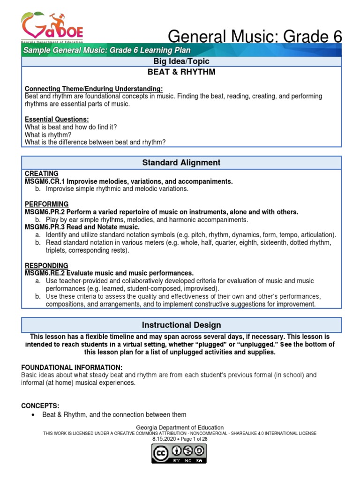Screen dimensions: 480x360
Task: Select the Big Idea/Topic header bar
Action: coord(181,61)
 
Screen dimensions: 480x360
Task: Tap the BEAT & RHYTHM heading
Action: coord(181,73)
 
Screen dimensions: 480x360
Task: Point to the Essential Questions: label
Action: coord(57,119)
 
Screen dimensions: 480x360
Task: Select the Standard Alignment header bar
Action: coord(181,163)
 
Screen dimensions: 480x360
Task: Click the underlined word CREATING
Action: coord(42,173)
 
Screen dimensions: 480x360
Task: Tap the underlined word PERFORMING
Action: coord(46,204)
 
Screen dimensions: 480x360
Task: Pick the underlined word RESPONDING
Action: coord(46,265)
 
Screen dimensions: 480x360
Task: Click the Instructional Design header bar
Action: coord(181,325)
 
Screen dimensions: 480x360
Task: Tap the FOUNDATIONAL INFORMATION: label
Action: coord(73,367)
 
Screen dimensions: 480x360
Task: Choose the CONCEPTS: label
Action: coord(42,405)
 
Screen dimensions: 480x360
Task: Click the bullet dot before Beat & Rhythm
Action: coord(32,415)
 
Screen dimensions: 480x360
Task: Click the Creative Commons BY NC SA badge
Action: coord(179,453)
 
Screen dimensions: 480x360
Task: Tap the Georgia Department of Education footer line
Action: coord(180,427)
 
